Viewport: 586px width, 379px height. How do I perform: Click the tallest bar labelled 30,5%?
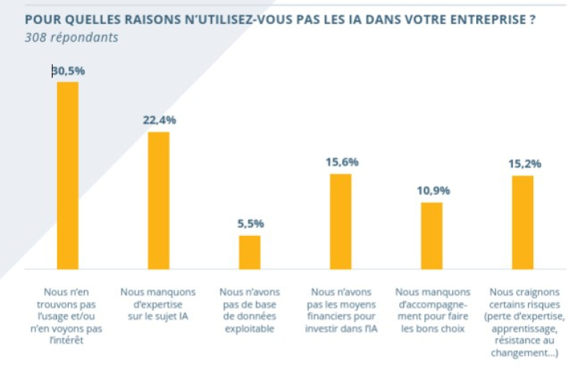click(x=67, y=175)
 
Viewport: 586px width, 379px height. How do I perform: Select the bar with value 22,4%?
click(x=158, y=200)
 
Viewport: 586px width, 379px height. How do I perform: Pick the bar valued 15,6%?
click(x=341, y=221)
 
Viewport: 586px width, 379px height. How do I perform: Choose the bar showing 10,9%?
click(x=431, y=235)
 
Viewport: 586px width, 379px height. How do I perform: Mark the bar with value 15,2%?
click(x=522, y=222)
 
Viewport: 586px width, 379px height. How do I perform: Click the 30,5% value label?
click(x=68, y=71)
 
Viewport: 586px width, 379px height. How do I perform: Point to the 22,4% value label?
click(x=159, y=120)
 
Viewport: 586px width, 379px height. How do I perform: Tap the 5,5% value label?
click(x=250, y=224)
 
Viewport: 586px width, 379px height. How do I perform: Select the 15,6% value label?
click(x=341, y=162)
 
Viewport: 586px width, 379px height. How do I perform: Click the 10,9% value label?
click(x=431, y=191)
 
